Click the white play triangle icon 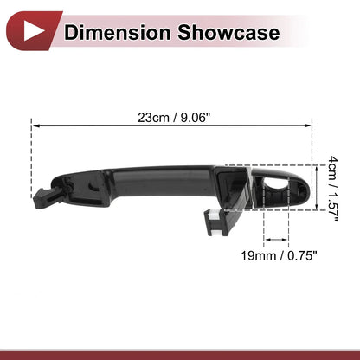[33, 31]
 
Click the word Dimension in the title [117, 32]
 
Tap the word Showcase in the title [228, 32]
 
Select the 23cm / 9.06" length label [174, 118]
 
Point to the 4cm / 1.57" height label [333, 189]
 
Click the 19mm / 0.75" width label [279, 255]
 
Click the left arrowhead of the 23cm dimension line [35, 125]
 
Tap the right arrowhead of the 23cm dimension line [308, 125]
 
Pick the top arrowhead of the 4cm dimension [317, 169]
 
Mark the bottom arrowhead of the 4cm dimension [317, 206]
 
